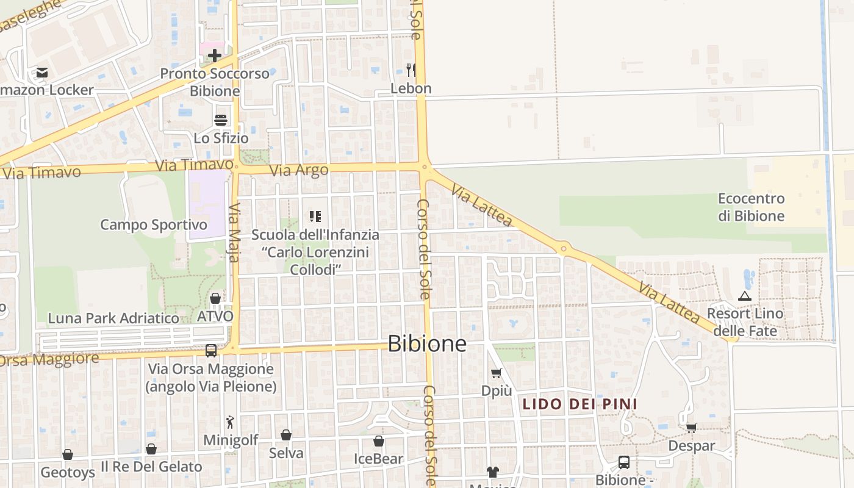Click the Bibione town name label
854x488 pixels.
pos(427,343)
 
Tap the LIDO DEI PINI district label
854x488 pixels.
pos(579,404)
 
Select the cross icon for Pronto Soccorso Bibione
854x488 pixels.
pos(214,56)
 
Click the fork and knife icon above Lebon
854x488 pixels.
pos(411,70)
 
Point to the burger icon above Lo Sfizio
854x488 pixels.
pos(221,120)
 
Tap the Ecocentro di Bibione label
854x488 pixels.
pos(751,207)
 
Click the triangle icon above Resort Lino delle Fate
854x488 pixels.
pos(744,296)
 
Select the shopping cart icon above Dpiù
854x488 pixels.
pos(497,373)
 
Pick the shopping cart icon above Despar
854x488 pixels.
pos(691,428)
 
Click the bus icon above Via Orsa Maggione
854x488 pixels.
pos(211,351)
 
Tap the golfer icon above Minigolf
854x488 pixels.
pos(230,422)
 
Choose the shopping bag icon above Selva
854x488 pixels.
pos(286,435)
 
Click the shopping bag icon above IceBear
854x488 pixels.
pos(379,441)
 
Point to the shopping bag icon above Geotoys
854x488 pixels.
pos(68,454)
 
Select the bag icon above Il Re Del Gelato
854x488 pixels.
pos(151,449)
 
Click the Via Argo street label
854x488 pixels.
pos(299,170)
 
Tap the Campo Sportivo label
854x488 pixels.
pos(154,224)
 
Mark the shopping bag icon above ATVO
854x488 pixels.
pos(215,298)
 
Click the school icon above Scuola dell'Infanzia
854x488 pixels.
pos(315,216)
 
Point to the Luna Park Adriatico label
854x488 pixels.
pos(113,318)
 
